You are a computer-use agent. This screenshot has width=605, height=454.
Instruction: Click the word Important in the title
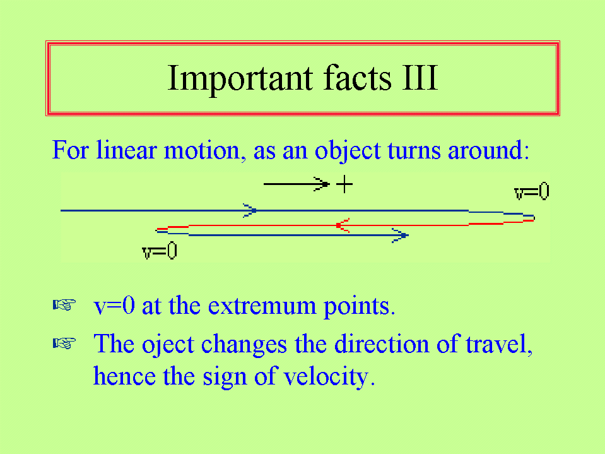coord(240,79)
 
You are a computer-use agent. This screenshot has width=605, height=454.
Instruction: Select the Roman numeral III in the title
coord(420,78)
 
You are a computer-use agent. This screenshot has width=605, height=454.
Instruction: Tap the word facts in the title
coord(357,77)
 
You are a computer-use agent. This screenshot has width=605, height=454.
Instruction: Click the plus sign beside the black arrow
coord(344,184)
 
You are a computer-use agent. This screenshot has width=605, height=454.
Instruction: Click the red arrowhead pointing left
coord(343,225)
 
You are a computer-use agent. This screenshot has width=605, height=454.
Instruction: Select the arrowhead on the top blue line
coord(250,210)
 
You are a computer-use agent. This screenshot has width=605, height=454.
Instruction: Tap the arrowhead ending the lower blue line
coord(401,235)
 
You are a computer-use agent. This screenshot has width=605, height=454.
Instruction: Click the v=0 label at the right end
coord(532,191)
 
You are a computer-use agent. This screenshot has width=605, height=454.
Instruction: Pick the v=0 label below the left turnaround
coord(160,251)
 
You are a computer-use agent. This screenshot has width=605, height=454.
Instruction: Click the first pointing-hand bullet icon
coord(64,304)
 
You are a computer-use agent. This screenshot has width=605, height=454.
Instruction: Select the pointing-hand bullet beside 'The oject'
coord(64,343)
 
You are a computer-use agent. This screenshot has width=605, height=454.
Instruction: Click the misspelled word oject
coord(168,345)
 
